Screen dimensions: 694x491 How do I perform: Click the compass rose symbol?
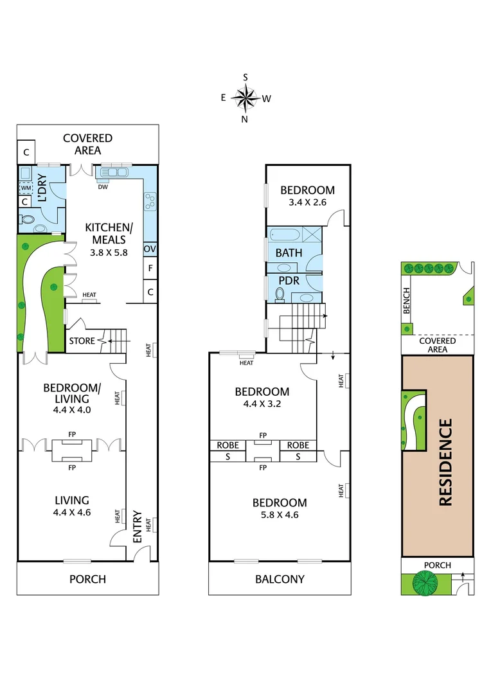click(x=245, y=98)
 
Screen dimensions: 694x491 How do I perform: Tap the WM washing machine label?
click(x=25, y=188)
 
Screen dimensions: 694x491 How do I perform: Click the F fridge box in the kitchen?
click(x=150, y=268)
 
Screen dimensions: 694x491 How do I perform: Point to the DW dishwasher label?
click(x=103, y=188)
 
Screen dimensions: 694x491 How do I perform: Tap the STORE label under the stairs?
click(x=82, y=341)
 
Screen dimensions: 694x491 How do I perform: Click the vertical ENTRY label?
click(x=138, y=526)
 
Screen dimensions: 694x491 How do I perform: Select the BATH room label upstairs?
click(x=289, y=253)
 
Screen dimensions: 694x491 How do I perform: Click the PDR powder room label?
click(x=289, y=281)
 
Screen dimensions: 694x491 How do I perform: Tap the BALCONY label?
click(x=280, y=579)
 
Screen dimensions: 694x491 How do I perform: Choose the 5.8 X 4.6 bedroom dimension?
click(x=280, y=515)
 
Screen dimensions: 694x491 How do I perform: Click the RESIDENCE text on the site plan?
click(x=445, y=462)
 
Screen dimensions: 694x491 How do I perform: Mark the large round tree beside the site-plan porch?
click(x=425, y=583)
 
